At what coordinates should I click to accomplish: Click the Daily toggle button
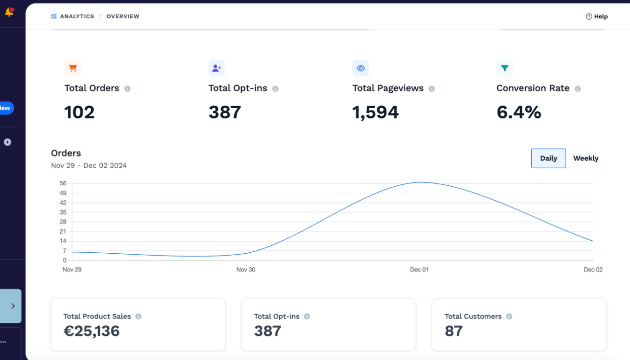[548, 158]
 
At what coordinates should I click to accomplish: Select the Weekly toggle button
[586, 158]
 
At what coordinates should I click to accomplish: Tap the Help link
[597, 16]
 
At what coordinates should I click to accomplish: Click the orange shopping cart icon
[73, 68]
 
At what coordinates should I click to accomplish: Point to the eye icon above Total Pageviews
[361, 68]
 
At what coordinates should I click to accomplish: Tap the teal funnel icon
[505, 68]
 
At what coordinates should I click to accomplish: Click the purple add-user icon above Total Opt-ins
[217, 68]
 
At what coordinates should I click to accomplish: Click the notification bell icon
[9, 12]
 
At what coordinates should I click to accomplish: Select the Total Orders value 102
[79, 112]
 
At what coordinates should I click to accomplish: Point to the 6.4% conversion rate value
[519, 112]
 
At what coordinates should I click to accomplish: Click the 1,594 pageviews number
[376, 112]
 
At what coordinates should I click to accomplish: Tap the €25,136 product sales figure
[92, 331]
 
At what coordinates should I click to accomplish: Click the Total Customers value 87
[453, 331]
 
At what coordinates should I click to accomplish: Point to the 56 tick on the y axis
[63, 183]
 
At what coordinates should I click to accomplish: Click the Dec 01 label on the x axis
[419, 269]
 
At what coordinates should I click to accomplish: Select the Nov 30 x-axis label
[246, 269]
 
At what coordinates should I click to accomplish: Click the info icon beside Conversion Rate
[578, 89]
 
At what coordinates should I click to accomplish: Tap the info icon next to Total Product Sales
[138, 316]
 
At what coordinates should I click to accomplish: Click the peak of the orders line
[421, 182]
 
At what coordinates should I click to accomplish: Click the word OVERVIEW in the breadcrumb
[123, 16]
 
